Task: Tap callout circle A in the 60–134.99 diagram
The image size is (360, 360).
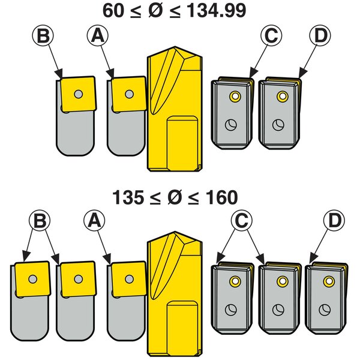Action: tap(97, 37)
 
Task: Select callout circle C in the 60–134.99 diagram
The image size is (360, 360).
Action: tap(272, 37)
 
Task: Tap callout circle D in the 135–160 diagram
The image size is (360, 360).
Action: tap(334, 221)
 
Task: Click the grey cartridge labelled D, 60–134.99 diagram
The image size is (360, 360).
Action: tap(280, 114)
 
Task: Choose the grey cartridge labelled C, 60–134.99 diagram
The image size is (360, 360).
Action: tap(231, 114)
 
